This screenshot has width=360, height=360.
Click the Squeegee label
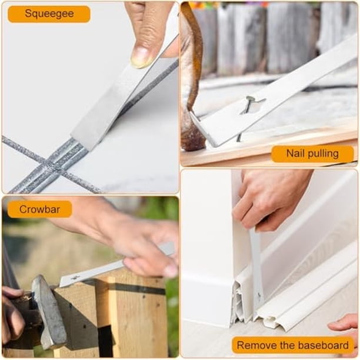point(49,14)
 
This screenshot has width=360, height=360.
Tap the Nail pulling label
point(312,154)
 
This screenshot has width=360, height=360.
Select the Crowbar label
point(39,209)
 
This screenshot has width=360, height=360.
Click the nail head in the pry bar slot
point(250,99)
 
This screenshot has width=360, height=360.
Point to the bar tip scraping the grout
point(83,141)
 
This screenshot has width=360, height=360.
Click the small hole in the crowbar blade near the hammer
point(74,278)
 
